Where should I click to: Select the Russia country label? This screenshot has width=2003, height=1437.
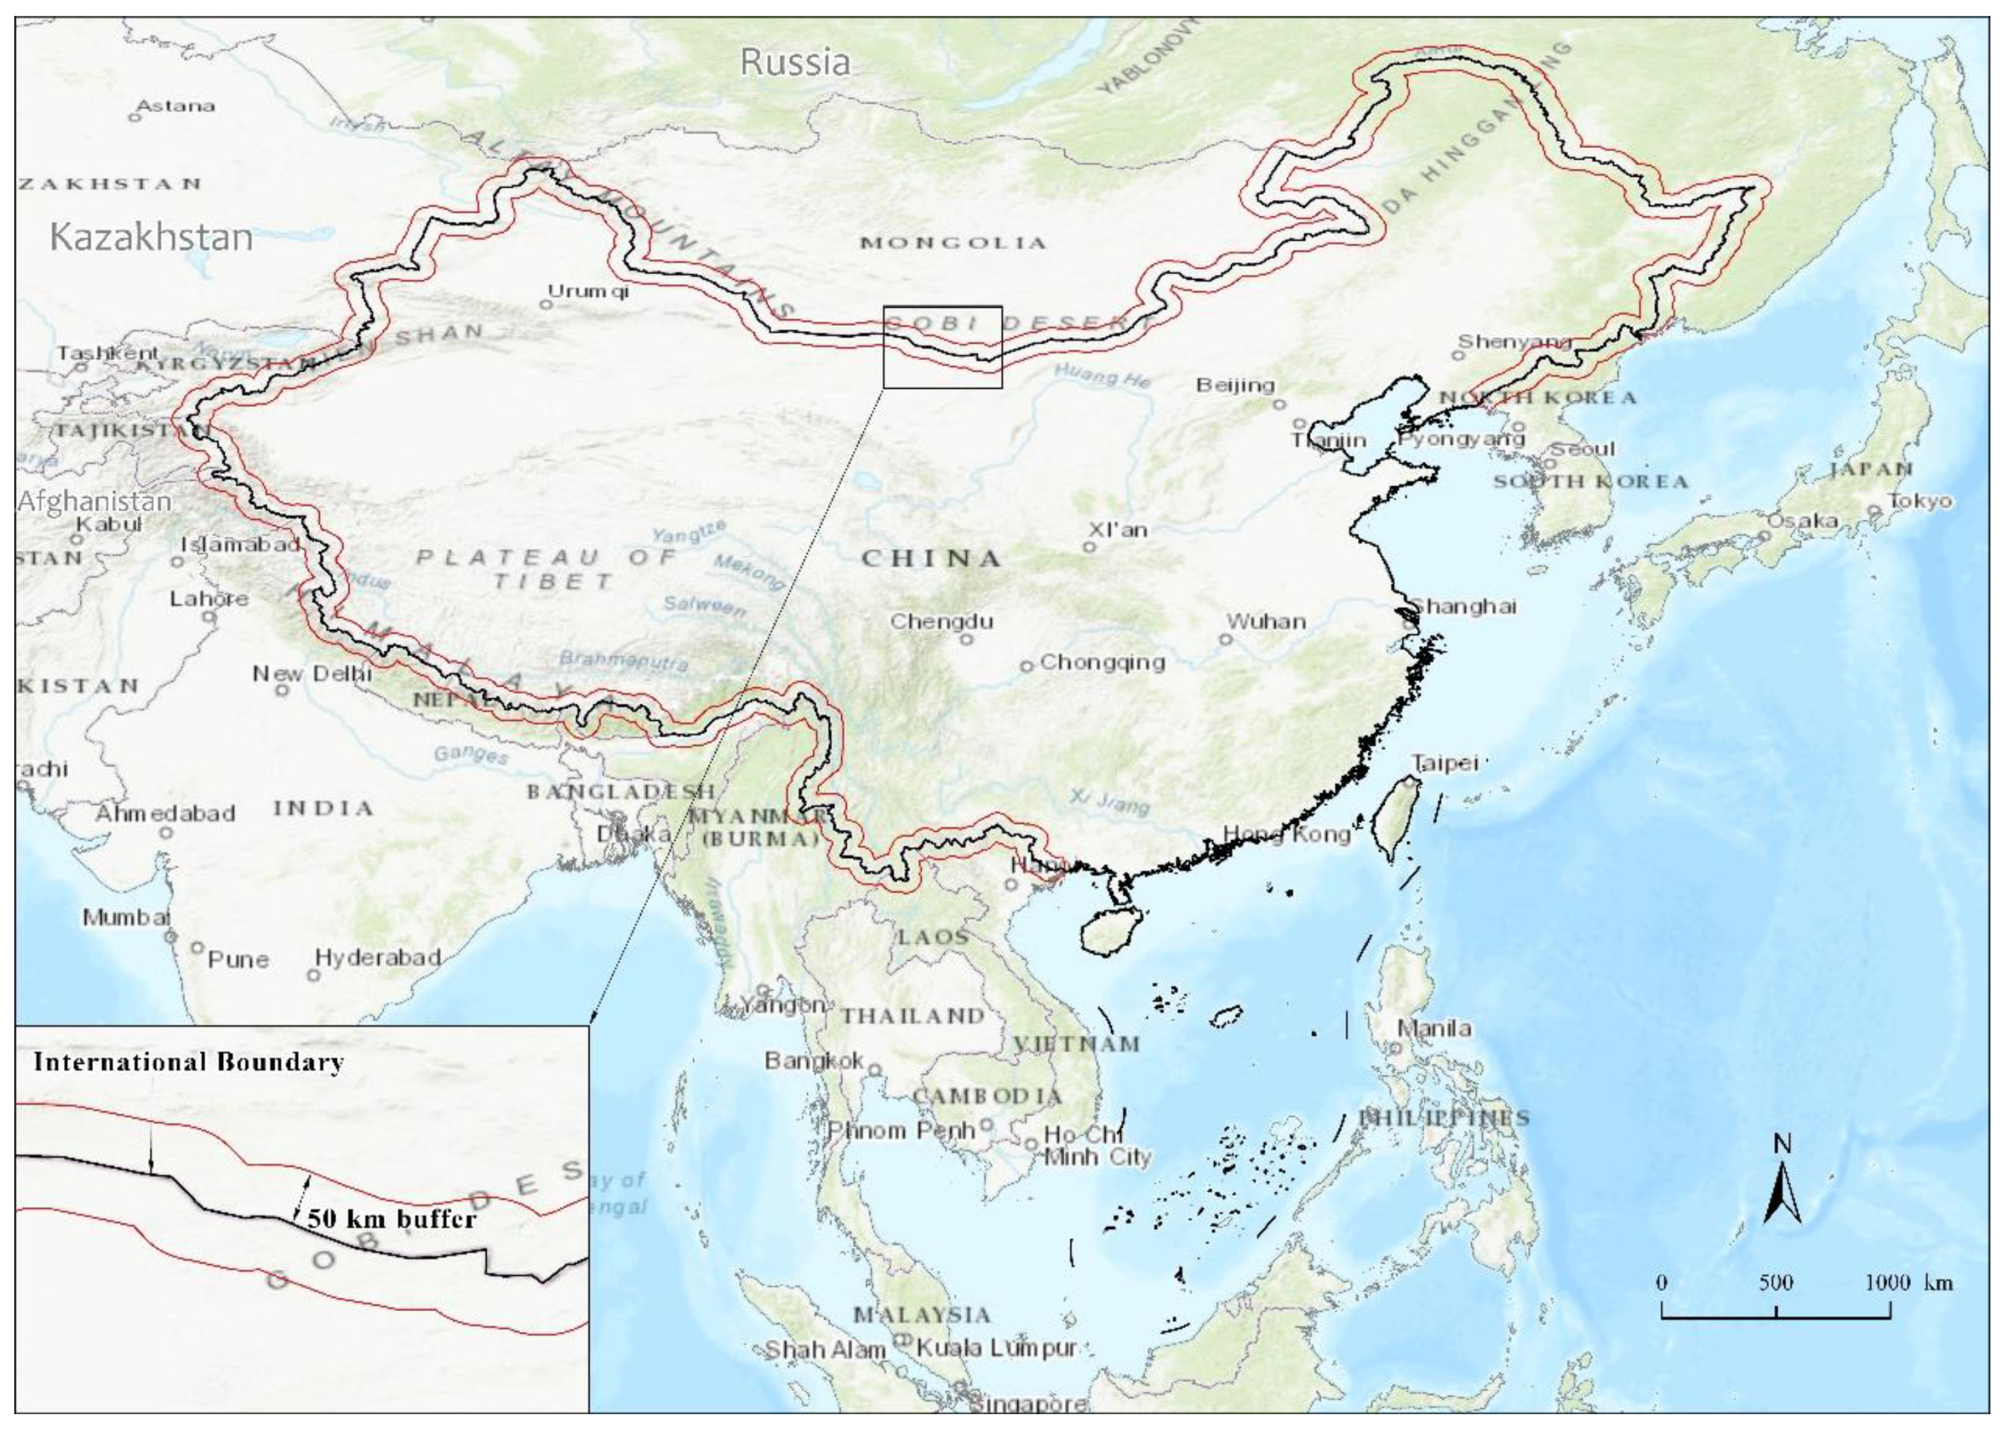[795, 62]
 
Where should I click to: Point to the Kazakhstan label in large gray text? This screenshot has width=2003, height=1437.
[151, 237]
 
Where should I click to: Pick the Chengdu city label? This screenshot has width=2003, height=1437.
[941, 621]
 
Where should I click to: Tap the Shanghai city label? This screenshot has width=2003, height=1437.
[1463, 606]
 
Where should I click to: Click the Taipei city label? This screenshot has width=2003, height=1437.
[1445, 762]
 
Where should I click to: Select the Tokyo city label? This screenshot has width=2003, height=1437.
[1920, 501]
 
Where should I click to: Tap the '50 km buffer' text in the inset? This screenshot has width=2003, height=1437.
[391, 1220]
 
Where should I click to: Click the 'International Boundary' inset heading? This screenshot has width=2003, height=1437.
[188, 1062]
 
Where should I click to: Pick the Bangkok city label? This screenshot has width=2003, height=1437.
[814, 1060]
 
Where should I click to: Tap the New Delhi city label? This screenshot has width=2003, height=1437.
[312, 674]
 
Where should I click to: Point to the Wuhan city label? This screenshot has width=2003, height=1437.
[1266, 621]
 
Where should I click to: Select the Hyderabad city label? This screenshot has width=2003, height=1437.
[377, 958]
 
